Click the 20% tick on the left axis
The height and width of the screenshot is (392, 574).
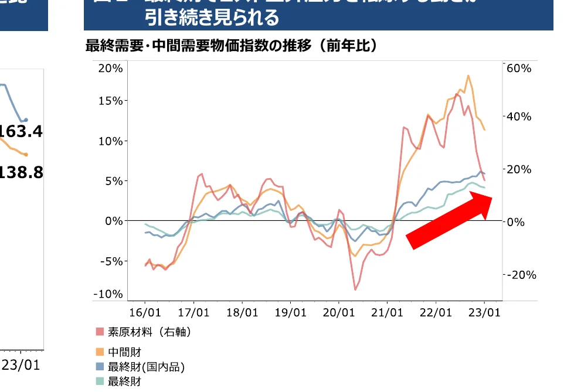[110, 68]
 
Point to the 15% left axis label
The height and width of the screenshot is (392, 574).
[110, 101]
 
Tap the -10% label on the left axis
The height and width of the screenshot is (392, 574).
[109, 294]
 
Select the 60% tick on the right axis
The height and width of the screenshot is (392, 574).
[518, 68]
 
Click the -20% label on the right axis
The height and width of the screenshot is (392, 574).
[520, 275]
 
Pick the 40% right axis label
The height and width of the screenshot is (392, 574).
[518, 117]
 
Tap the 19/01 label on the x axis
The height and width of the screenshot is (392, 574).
[290, 312]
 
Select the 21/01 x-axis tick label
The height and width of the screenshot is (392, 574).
[388, 312]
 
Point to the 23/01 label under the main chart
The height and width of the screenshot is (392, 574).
[485, 312]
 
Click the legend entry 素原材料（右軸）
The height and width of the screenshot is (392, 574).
[144, 332]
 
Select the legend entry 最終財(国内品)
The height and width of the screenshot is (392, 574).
[141, 367]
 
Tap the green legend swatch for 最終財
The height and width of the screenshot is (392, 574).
[100, 381]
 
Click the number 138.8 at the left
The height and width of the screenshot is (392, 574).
[22, 172]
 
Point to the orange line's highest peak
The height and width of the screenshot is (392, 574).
[468, 76]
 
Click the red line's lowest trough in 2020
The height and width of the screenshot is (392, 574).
[355, 289]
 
